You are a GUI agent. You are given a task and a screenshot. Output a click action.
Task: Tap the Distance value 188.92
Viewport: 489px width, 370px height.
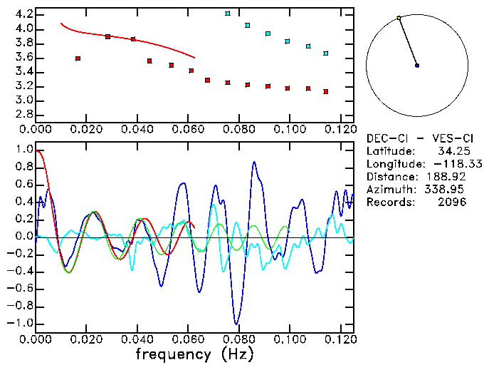[x=449, y=177]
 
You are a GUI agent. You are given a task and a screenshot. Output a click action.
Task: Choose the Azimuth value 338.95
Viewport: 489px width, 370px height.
[x=449, y=190]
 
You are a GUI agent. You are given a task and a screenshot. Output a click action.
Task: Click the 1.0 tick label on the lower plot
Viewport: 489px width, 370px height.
[x=23, y=150]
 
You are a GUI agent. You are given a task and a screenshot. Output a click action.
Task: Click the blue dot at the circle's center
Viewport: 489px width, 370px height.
[x=417, y=66]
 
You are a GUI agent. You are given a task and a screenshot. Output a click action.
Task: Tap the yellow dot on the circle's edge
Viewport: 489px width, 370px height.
[x=399, y=18]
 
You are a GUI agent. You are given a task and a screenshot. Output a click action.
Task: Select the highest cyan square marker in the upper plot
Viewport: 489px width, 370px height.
[x=228, y=14]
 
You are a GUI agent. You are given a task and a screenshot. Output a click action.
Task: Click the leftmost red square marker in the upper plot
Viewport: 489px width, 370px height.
[x=78, y=58]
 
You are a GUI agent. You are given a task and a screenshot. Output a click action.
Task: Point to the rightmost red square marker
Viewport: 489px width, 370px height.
[x=325, y=92]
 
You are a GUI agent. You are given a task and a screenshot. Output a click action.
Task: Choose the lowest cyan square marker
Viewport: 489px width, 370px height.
[x=325, y=53]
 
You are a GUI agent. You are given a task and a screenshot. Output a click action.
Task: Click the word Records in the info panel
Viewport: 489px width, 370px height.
[x=389, y=202]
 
